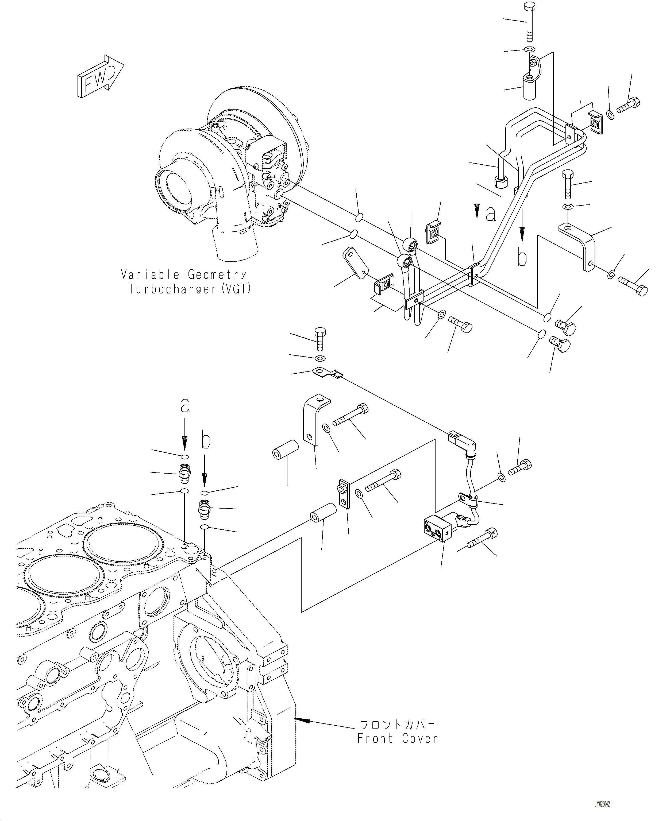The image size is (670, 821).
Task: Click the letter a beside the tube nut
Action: click(491, 214)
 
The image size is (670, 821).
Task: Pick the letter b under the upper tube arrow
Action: click(522, 258)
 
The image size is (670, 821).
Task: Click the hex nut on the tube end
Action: click(501, 181)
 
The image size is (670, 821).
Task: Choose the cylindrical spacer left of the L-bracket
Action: click(286, 450)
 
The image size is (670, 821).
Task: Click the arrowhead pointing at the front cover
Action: click(303, 720)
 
